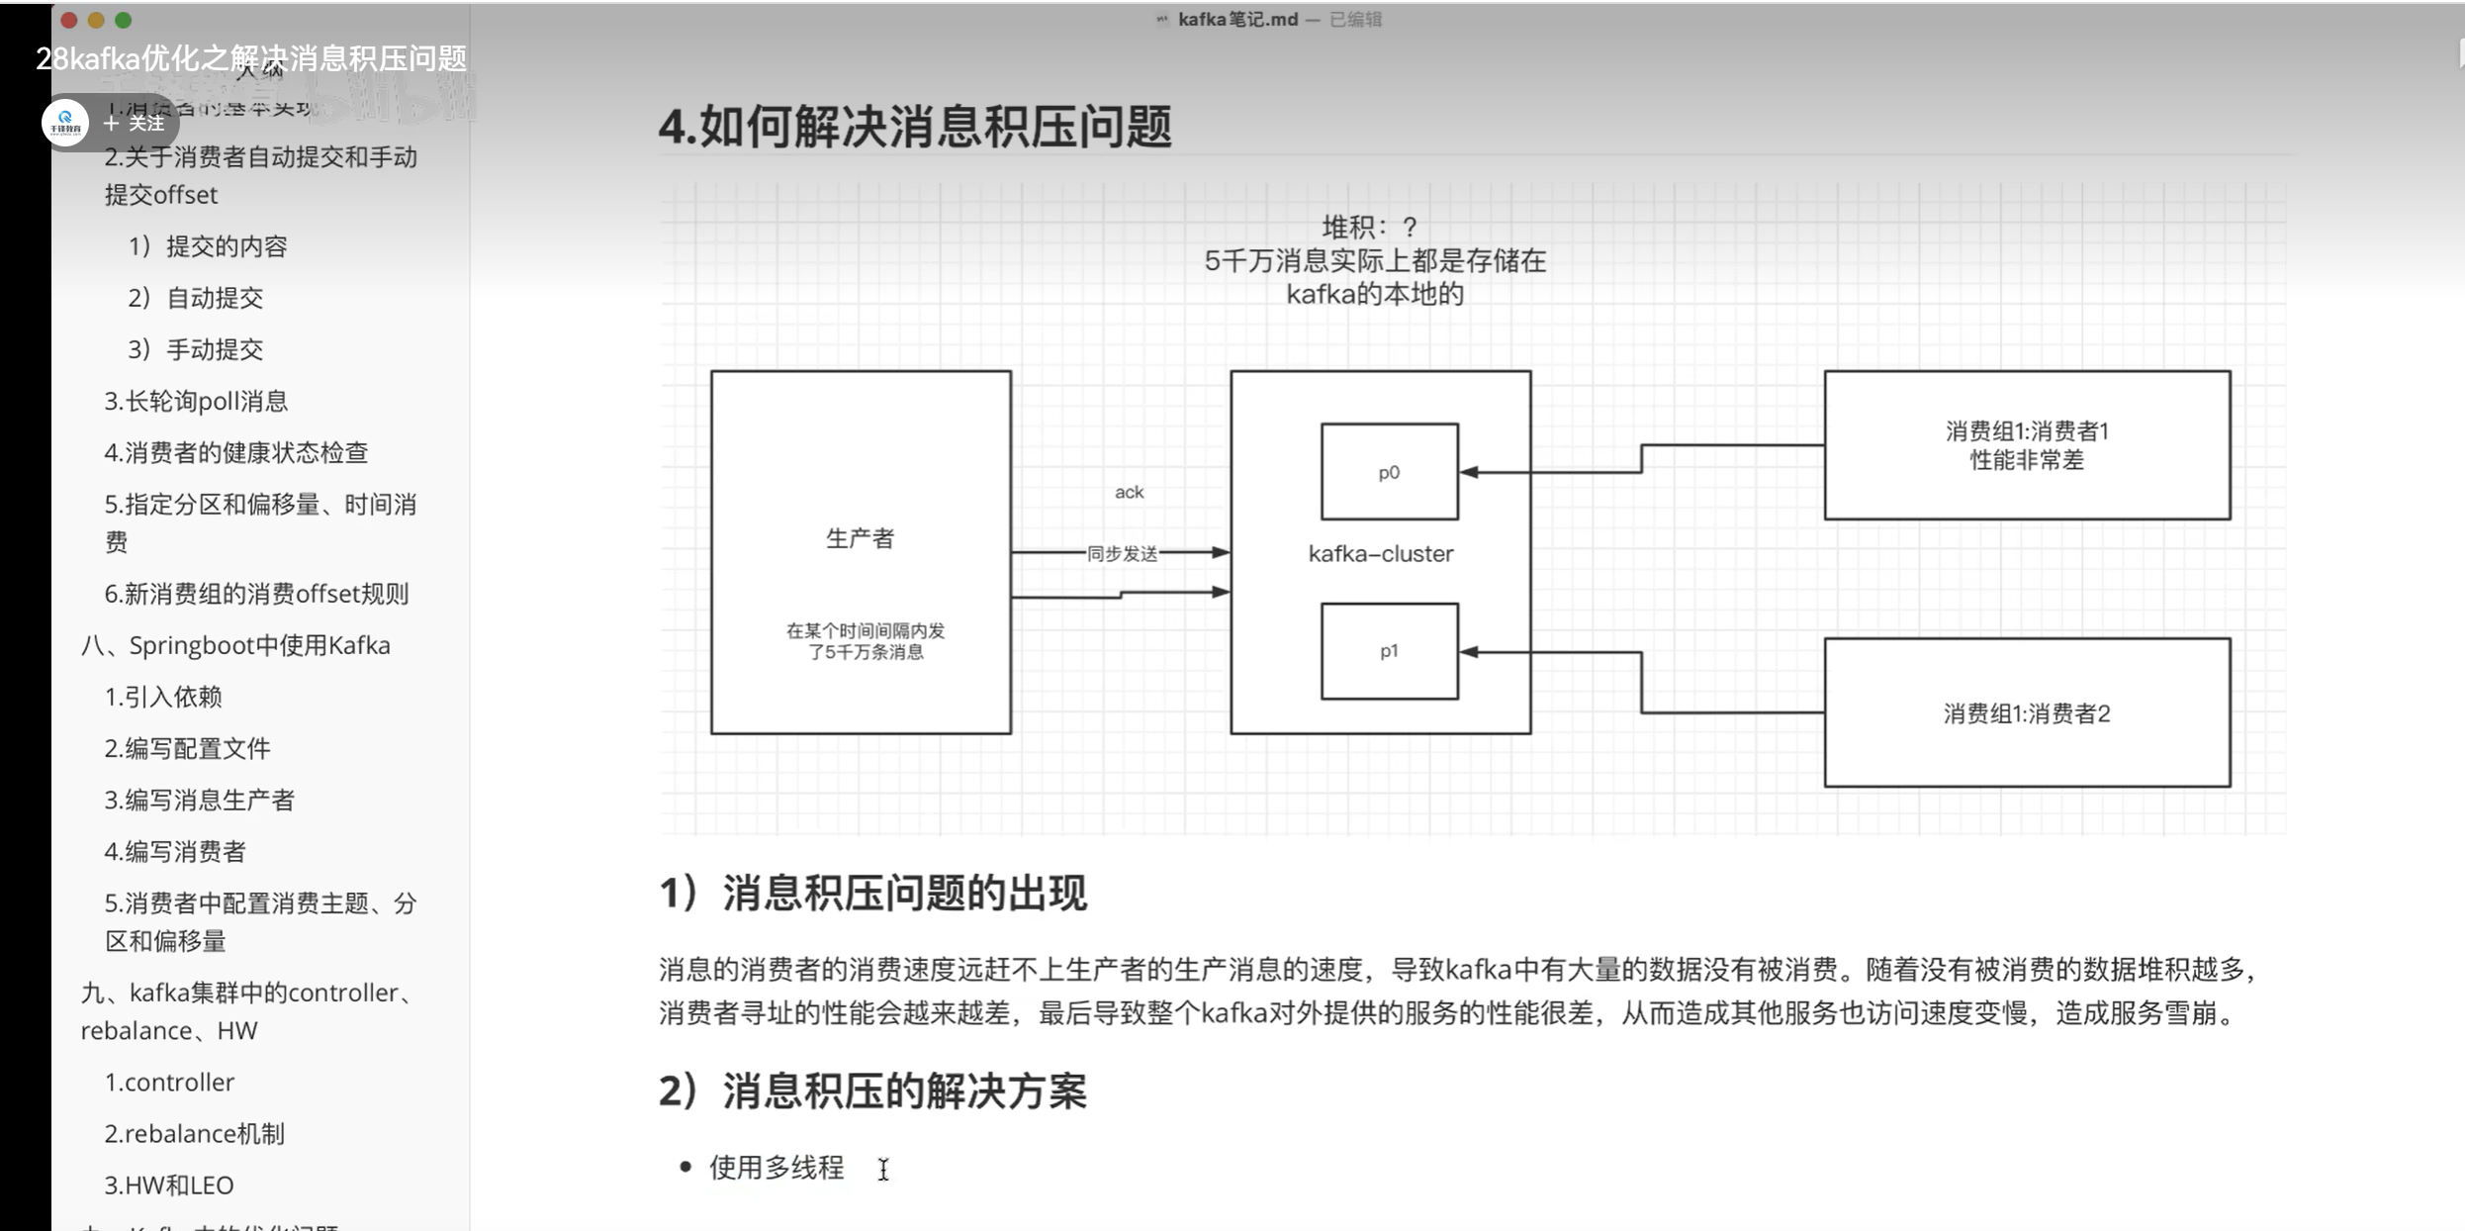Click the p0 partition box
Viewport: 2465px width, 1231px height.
coord(1389,472)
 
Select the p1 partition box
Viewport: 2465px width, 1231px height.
coord(1389,651)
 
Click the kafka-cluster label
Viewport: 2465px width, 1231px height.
coord(1381,554)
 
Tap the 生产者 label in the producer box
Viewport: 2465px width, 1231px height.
coord(860,538)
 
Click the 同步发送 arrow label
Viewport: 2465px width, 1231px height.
coord(1122,553)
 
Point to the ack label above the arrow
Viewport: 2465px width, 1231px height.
coord(1129,492)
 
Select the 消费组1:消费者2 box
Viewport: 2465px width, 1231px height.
coord(2026,713)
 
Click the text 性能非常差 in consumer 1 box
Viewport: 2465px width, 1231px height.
coord(2027,460)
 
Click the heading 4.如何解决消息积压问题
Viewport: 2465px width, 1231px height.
coord(915,128)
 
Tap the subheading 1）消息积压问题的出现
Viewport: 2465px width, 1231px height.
coord(873,893)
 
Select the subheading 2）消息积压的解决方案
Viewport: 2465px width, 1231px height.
coord(873,1091)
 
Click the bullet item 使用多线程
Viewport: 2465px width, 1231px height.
coord(776,1168)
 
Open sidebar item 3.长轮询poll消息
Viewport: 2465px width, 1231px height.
coord(196,401)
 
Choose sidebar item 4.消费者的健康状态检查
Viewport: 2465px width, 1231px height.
coord(236,452)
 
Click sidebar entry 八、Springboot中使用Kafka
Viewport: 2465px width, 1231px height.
coord(235,645)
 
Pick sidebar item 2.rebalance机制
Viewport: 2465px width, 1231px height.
coord(195,1133)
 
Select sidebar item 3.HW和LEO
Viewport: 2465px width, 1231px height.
coord(169,1184)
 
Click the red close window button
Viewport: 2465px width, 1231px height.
coord(68,20)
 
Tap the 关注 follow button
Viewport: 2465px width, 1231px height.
coord(136,123)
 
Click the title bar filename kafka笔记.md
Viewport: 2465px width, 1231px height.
coord(1236,19)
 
